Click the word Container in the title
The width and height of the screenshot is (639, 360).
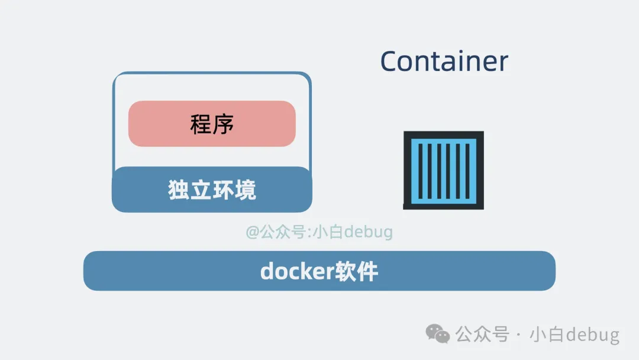444,61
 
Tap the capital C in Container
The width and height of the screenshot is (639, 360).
389,62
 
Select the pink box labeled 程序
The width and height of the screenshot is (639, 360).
212,124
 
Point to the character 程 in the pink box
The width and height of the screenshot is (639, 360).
201,124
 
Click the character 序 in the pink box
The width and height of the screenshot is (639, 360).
224,124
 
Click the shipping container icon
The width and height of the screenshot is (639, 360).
443,170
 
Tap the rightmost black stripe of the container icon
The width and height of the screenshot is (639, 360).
467,171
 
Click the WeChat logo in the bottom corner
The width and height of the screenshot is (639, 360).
438,334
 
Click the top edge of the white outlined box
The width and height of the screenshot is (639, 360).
212,73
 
